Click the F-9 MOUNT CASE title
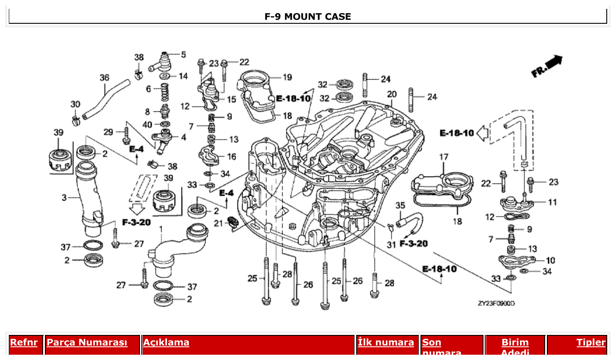[307, 17]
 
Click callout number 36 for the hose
[104, 78]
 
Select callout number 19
[287, 77]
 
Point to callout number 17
[443, 157]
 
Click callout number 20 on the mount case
[391, 94]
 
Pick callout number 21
[218, 224]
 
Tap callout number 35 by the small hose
[400, 206]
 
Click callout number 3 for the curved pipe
[64, 198]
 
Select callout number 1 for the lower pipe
[161, 229]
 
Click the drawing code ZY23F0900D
[496, 304]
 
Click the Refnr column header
[24, 342]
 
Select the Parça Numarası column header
[87, 342]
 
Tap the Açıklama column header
[166, 342]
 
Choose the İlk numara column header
[386, 342]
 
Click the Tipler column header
[591, 342]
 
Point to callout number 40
[147, 125]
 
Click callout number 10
[550, 261]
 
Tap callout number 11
[552, 202]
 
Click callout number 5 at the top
[183, 55]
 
